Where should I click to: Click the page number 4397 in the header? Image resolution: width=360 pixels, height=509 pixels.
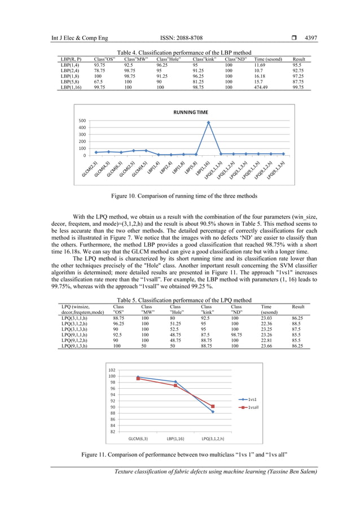pos(310,38)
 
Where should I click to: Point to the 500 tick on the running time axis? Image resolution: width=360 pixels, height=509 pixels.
pos(82,121)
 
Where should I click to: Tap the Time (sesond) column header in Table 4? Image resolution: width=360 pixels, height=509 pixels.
pos(268,59)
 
